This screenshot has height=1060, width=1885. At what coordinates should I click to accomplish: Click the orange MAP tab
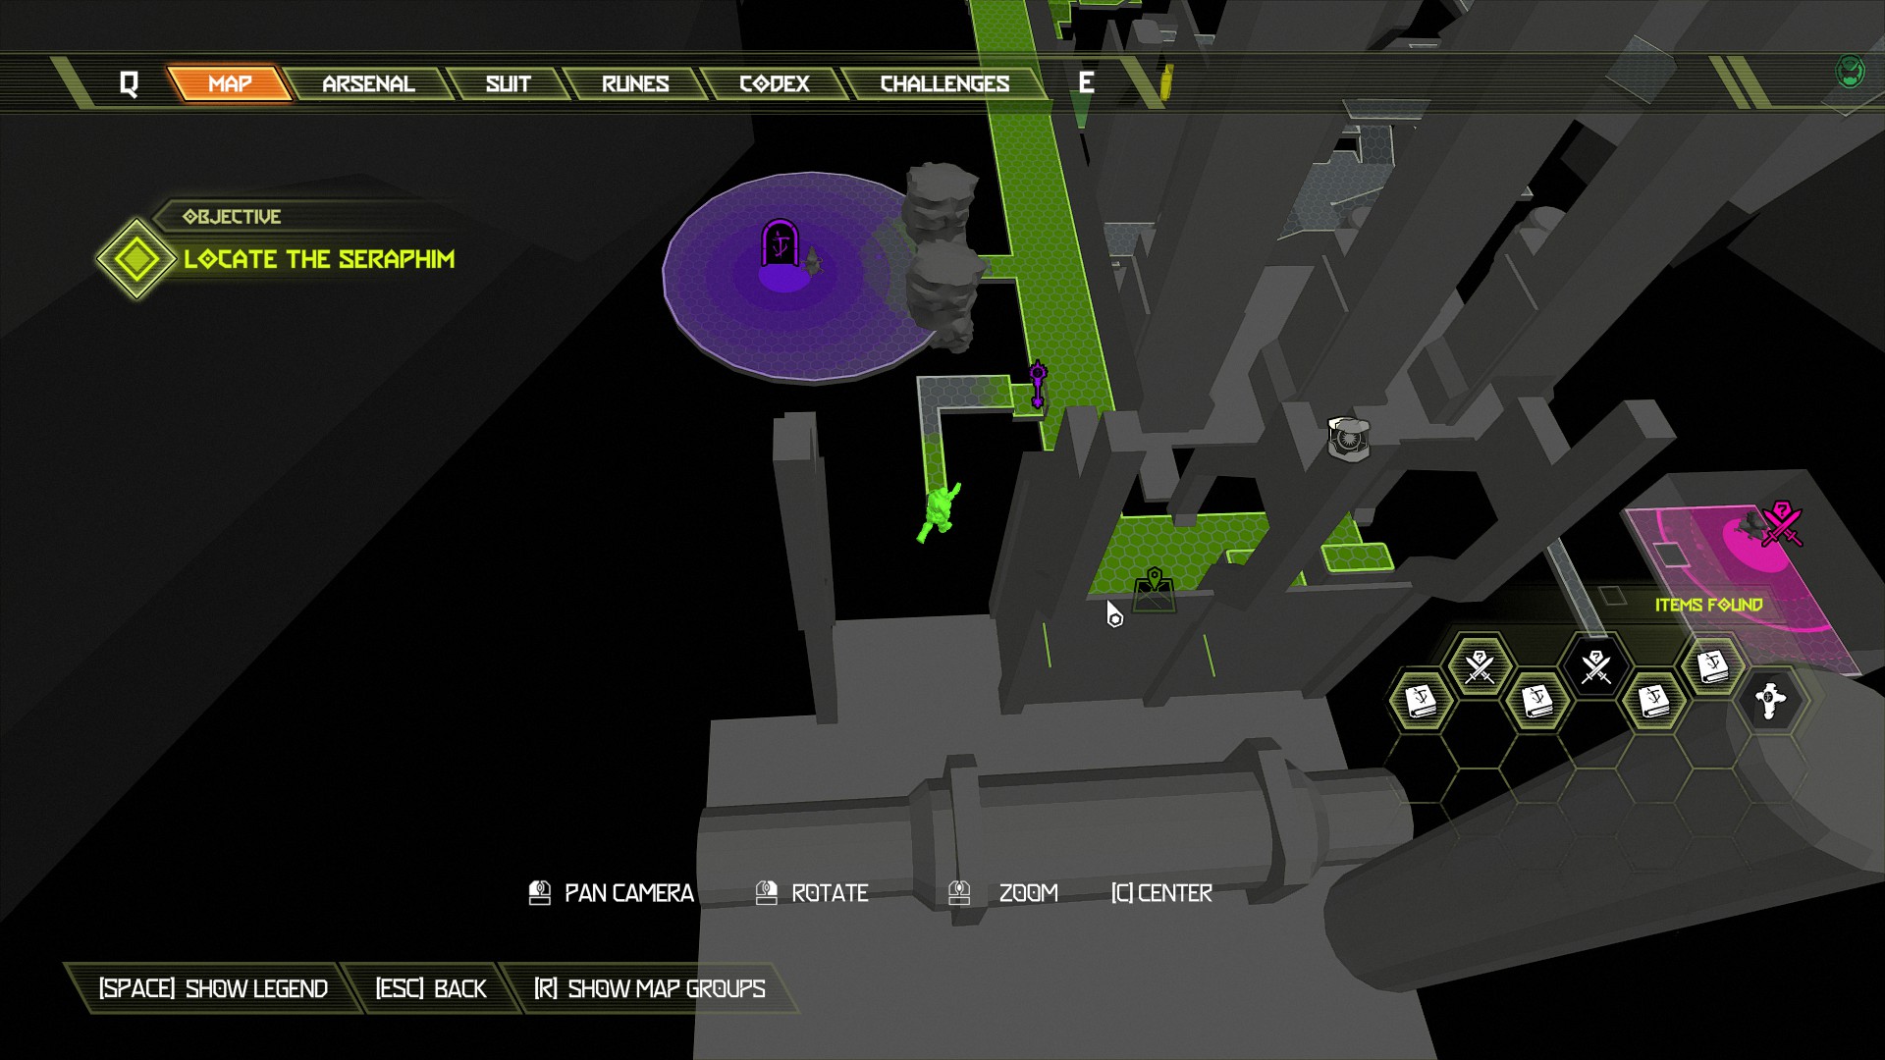pyautogui.click(x=230, y=83)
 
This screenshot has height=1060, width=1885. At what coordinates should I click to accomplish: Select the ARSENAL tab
pyautogui.click(x=368, y=83)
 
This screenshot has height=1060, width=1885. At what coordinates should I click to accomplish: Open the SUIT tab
pyautogui.click(x=508, y=83)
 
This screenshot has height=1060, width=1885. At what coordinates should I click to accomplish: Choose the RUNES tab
pyautogui.click(x=635, y=83)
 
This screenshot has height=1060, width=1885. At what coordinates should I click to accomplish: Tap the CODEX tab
pyautogui.click(x=775, y=83)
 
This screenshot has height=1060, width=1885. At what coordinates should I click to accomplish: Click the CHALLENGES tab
pyautogui.click(x=944, y=83)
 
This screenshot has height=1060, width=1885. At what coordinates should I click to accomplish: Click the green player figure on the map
pyautogui.click(x=939, y=510)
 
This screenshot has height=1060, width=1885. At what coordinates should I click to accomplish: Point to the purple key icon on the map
pyautogui.click(x=1038, y=384)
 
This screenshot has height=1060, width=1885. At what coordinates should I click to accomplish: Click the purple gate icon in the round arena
pyautogui.click(x=781, y=242)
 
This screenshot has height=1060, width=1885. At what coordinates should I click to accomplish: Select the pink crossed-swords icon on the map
pyautogui.click(x=1781, y=524)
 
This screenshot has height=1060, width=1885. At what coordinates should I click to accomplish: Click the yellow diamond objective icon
pyautogui.click(x=135, y=259)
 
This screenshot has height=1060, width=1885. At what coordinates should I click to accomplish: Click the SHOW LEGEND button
pyautogui.click(x=213, y=988)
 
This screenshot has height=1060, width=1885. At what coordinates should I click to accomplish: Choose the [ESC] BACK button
pyautogui.click(x=431, y=988)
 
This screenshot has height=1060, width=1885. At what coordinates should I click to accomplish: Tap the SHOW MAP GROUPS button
pyautogui.click(x=649, y=988)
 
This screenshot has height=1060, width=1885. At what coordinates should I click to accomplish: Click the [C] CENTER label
pyautogui.click(x=1161, y=893)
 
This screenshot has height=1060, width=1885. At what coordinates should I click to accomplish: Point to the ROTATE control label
pyautogui.click(x=830, y=893)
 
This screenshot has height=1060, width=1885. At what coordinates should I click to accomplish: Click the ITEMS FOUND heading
pyautogui.click(x=1708, y=605)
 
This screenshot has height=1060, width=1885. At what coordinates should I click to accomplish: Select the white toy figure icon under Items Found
pyautogui.click(x=1768, y=700)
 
